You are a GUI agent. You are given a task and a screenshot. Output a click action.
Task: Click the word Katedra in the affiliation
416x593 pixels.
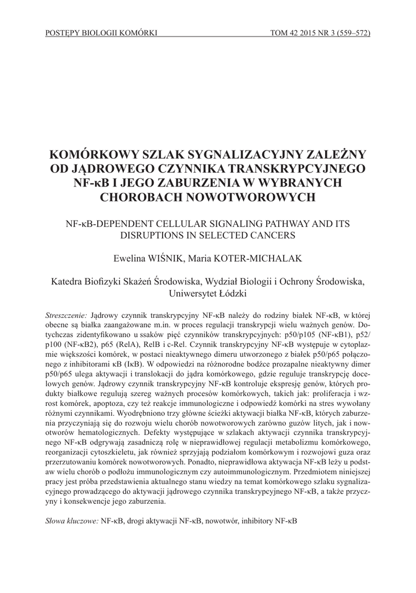[x=69, y=281]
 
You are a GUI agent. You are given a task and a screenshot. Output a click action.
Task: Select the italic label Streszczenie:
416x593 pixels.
[x=67, y=314]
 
